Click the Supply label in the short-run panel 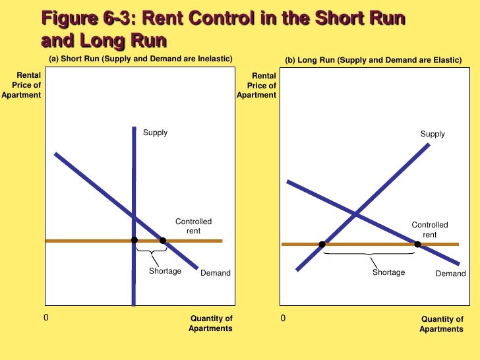click(x=156, y=133)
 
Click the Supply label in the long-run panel click(x=433, y=134)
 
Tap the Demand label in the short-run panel click(x=216, y=273)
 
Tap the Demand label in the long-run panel click(x=450, y=274)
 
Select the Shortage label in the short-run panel click(x=165, y=271)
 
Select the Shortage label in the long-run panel click(x=388, y=272)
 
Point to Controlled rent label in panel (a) click(x=193, y=226)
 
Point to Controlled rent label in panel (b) click(x=430, y=229)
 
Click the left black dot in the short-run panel click(x=134, y=240)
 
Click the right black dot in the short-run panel click(x=162, y=240)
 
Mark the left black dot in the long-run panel click(x=322, y=245)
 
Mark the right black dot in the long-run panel click(x=417, y=245)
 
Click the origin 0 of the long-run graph click(x=283, y=318)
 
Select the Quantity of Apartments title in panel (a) click(x=211, y=324)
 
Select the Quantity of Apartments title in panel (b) click(x=442, y=324)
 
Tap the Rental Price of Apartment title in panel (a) click(x=23, y=85)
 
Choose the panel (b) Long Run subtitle click(x=373, y=61)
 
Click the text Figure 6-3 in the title click(x=84, y=18)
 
